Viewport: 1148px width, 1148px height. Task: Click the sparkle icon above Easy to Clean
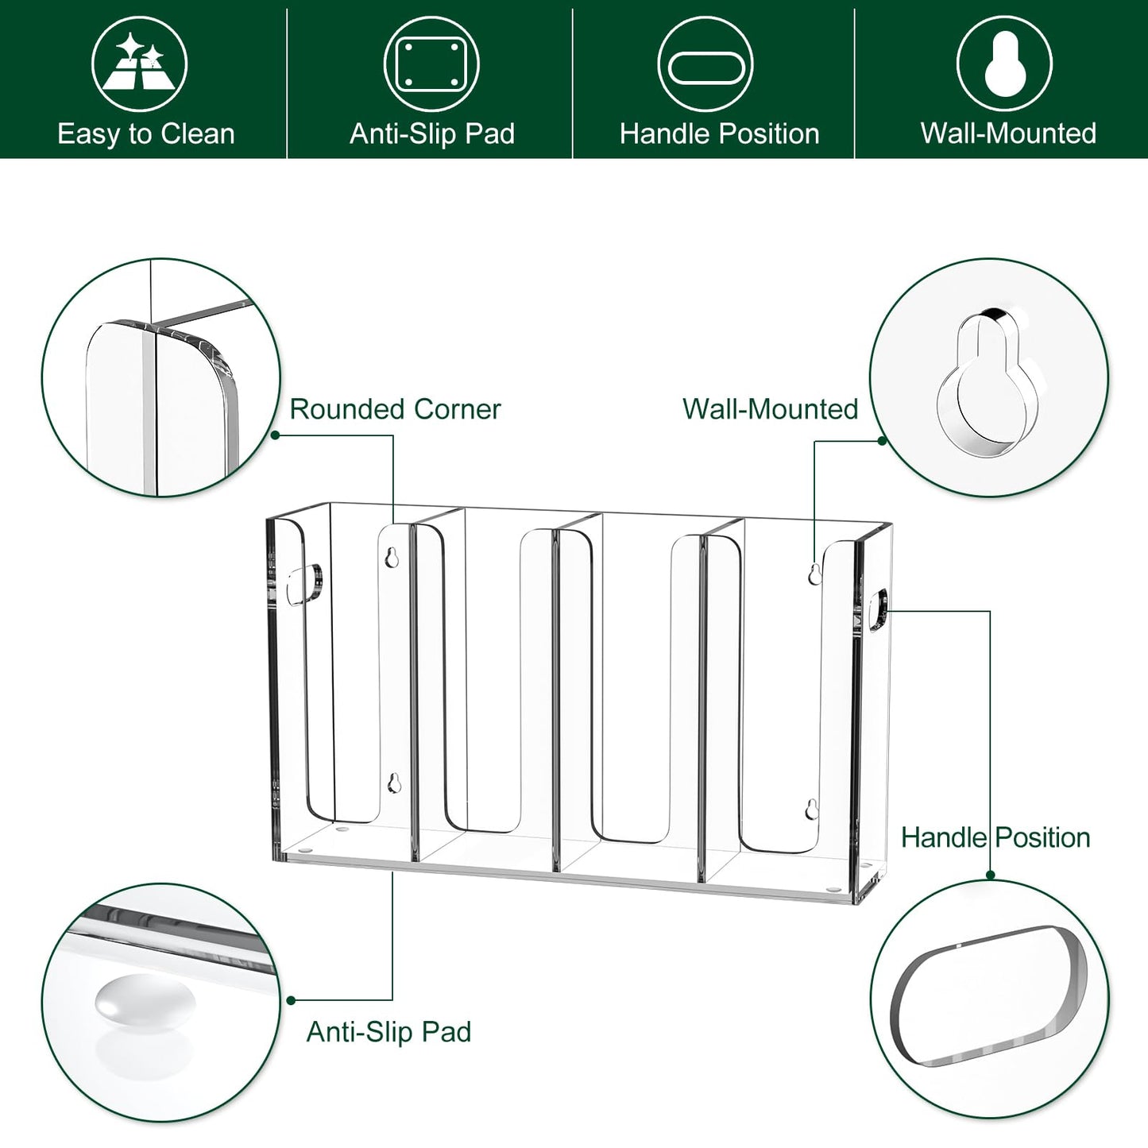pyautogui.click(x=139, y=64)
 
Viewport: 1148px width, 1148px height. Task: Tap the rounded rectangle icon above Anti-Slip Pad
pyautogui.click(x=431, y=64)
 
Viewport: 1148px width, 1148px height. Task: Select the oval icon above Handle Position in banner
pyautogui.click(x=705, y=64)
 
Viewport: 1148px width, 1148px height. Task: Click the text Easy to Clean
pyautogui.click(x=146, y=134)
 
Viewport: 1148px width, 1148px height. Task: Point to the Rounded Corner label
pyautogui.click(x=395, y=409)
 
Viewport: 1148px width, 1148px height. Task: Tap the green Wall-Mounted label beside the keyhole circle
pyautogui.click(x=770, y=409)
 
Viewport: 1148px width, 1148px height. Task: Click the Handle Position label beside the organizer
pyautogui.click(x=995, y=837)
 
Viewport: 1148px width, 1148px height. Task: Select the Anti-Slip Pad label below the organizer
pyautogui.click(x=388, y=1032)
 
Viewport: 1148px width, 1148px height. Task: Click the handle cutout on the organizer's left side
pyautogui.click(x=304, y=585)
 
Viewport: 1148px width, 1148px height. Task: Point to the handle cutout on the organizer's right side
pyautogui.click(x=878, y=609)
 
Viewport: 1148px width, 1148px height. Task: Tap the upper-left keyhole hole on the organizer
pyautogui.click(x=391, y=557)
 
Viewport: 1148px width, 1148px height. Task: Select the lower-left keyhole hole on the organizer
pyautogui.click(x=394, y=783)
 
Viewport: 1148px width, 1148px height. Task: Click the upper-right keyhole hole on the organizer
pyautogui.click(x=814, y=574)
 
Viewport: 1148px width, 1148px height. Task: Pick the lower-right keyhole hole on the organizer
pyautogui.click(x=810, y=809)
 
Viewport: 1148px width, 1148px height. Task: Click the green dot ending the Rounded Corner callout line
pyautogui.click(x=275, y=435)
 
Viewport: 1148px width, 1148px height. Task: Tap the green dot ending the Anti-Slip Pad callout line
pyautogui.click(x=291, y=1000)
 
